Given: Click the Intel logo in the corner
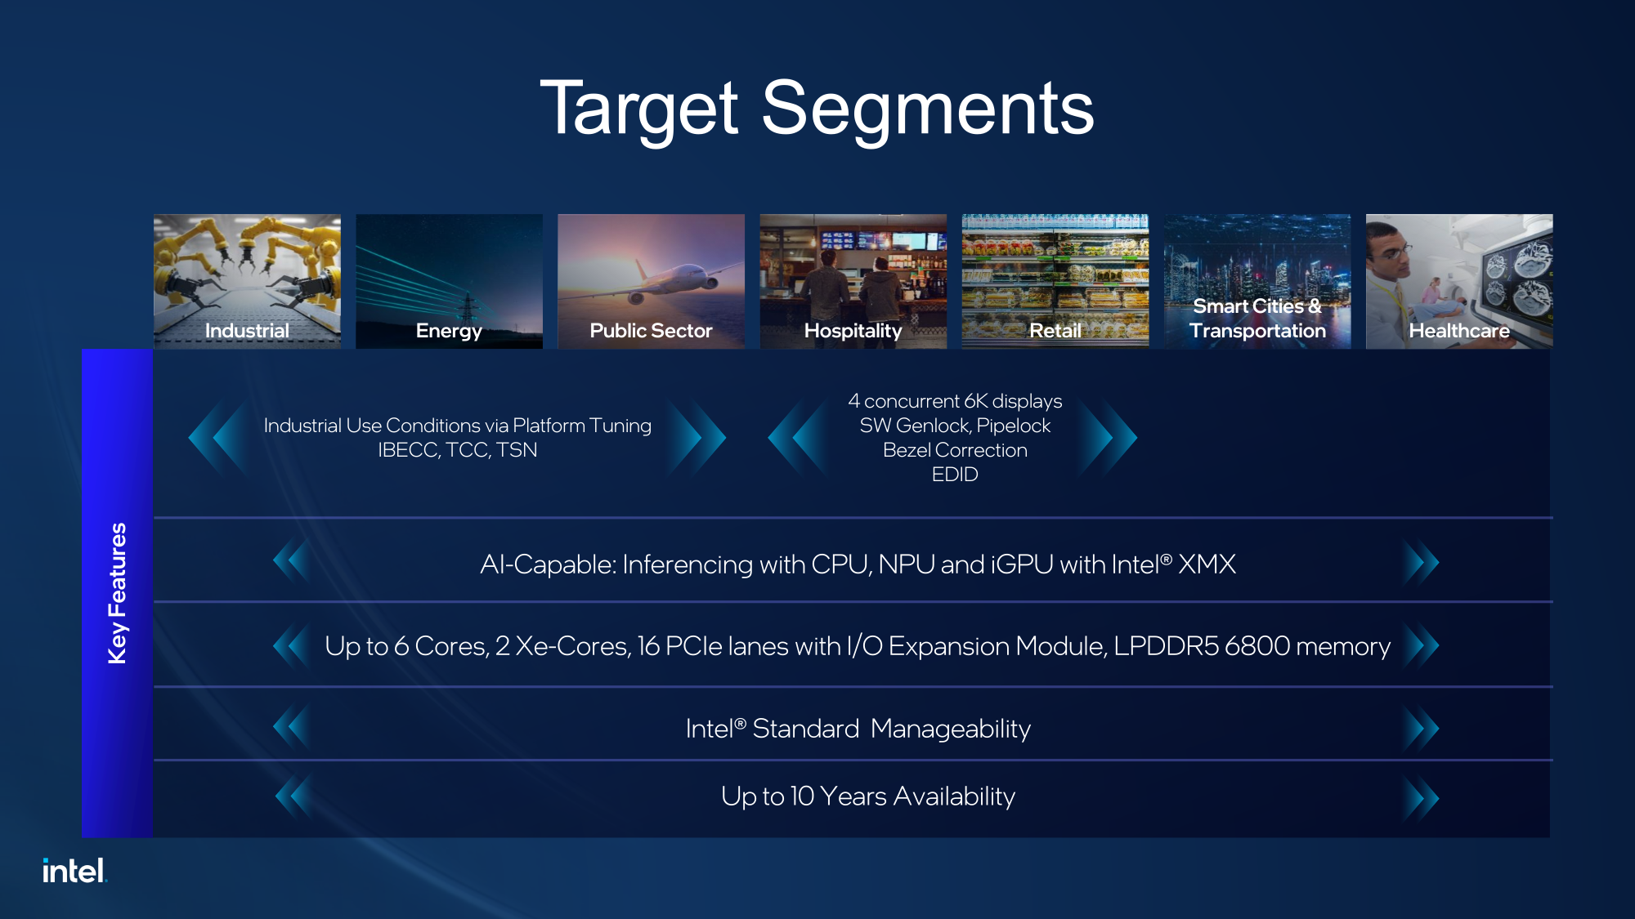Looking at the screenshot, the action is [74, 871].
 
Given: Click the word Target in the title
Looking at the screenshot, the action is [639, 109].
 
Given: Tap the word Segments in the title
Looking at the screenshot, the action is [928, 109].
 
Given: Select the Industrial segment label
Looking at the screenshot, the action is [247, 331].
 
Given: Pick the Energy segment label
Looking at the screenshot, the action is [449, 332].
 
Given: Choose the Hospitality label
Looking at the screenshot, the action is [853, 332].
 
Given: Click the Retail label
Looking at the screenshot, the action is [1055, 331].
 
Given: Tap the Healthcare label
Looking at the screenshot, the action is [1459, 331].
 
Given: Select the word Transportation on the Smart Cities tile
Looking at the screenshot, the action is [1257, 331].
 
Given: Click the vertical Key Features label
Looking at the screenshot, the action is [118, 593].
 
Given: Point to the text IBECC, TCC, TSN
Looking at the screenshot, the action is [458, 450].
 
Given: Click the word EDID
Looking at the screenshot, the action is [955, 475].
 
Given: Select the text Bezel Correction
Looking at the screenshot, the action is [955, 450].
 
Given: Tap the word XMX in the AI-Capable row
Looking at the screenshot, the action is [1207, 564].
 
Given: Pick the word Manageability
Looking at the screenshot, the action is [951, 729].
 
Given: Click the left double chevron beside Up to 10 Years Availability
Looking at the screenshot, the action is [293, 796].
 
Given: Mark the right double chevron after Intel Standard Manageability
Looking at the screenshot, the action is [1421, 729].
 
